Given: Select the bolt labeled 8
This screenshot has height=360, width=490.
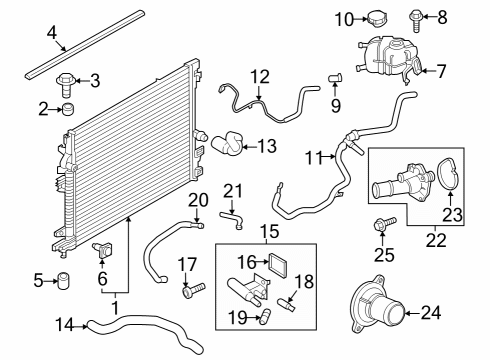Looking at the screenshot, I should tap(418, 16).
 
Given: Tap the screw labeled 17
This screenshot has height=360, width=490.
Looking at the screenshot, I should tap(190, 292).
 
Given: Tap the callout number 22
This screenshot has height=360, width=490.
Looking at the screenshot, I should tap(433, 241).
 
